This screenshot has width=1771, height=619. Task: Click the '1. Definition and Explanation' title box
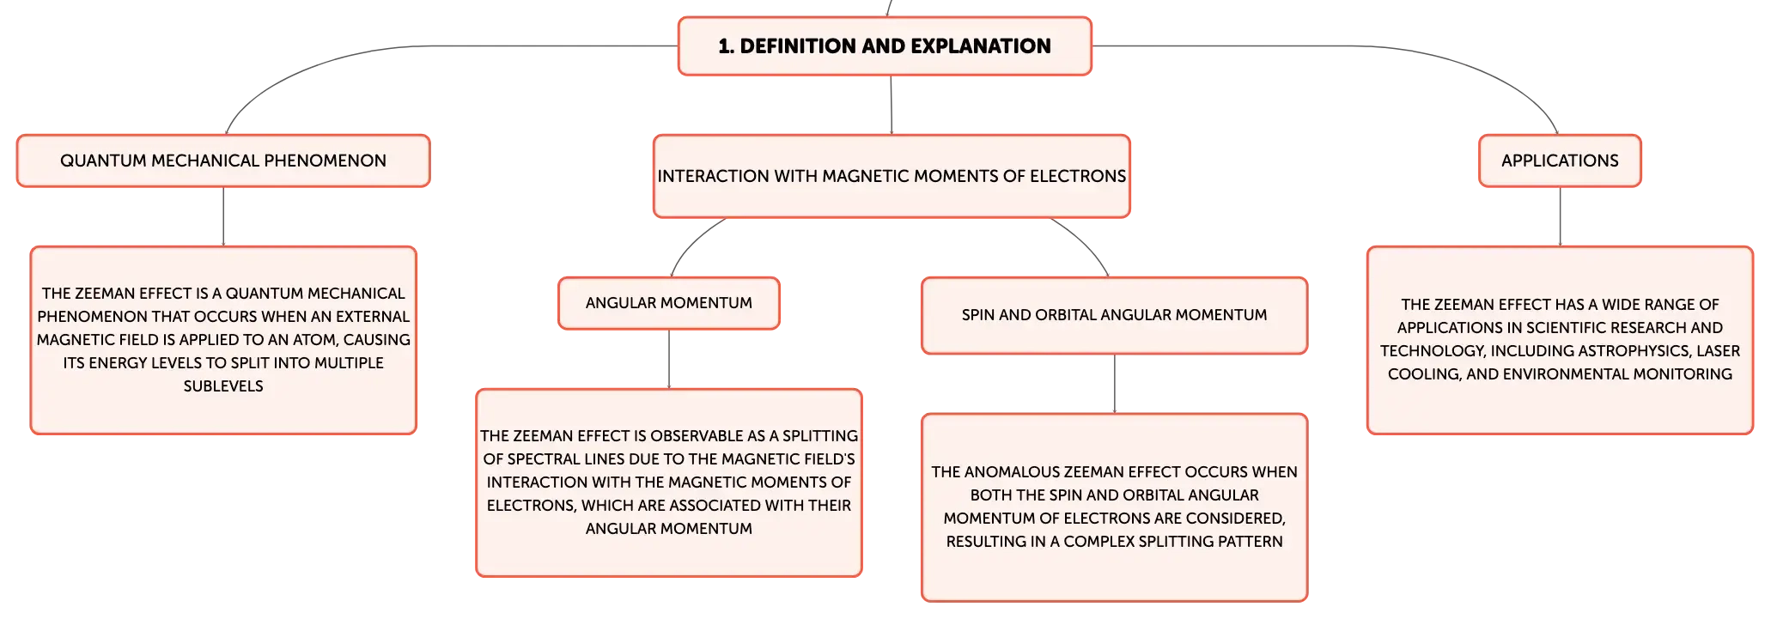point(885,46)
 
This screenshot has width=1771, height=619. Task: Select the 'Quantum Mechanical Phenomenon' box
point(223,161)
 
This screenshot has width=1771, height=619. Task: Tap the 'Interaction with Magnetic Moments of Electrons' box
point(892,176)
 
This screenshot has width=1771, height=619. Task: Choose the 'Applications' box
point(1560,161)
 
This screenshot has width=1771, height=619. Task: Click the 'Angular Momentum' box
point(669,303)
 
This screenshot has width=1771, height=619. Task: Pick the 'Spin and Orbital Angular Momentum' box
point(1114,315)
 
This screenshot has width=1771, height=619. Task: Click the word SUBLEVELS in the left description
point(223,386)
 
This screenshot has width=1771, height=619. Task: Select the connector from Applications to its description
point(1560,216)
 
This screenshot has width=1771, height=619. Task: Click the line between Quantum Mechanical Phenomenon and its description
point(223,216)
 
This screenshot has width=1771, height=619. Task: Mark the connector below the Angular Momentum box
point(669,359)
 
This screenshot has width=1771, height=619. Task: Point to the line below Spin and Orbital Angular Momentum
point(1114,384)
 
